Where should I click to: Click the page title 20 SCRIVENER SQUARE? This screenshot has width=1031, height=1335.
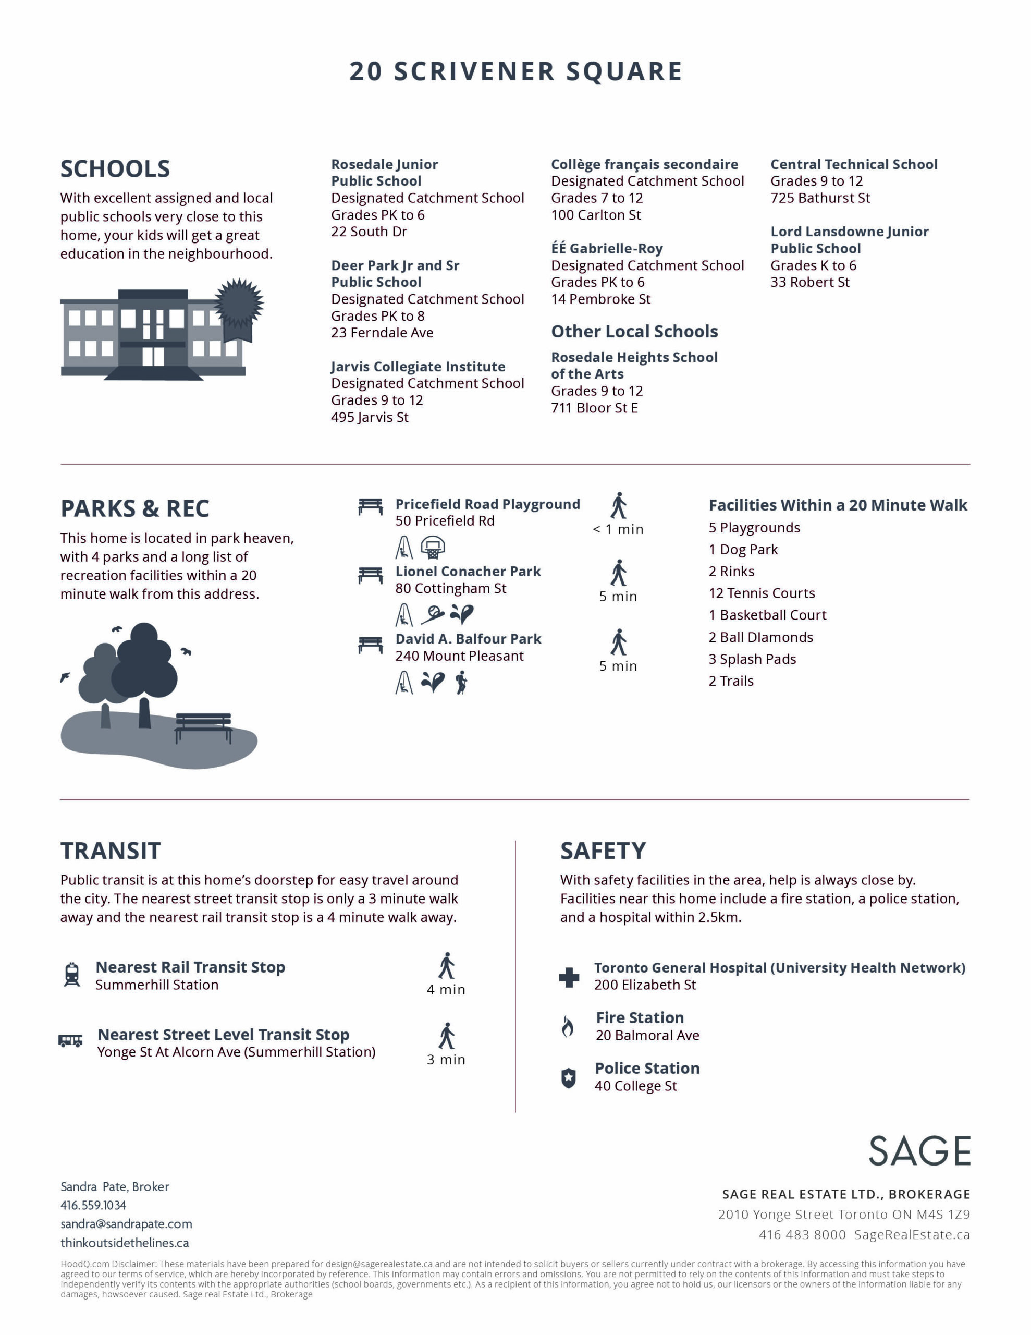tap(515, 71)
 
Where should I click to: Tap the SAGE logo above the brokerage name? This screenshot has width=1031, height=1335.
tap(919, 1151)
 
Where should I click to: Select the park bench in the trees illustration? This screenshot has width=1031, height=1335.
tap(203, 726)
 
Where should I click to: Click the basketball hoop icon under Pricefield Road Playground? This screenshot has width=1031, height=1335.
tap(433, 547)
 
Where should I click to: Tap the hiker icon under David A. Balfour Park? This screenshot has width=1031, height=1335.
tap(461, 682)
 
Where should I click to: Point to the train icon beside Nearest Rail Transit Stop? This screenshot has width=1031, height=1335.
tap(72, 975)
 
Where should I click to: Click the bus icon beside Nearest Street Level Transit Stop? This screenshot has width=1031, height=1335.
tap(70, 1040)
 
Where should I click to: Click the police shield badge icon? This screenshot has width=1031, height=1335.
tap(568, 1078)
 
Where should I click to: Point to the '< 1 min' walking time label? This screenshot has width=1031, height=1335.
tap(618, 529)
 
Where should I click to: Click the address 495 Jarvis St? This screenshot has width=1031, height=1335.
tap(370, 418)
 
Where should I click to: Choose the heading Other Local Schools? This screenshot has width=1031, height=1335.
tap(634, 331)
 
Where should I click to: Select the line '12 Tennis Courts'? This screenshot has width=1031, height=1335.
tap(762, 593)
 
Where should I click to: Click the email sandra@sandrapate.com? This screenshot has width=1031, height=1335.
tap(126, 1224)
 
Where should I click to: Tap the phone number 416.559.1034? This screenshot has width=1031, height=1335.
tap(93, 1206)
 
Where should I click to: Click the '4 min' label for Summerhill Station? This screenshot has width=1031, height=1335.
tap(446, 990)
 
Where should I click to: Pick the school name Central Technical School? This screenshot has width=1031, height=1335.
tap(854, 164)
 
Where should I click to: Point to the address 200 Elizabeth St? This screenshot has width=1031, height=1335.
tap(645, 985)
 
